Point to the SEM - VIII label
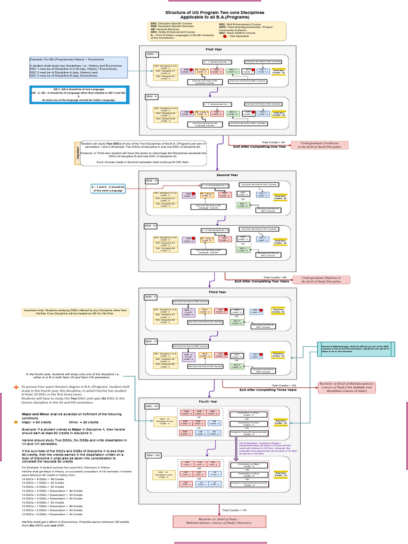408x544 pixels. [152, 456]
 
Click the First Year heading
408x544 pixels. [214, 49]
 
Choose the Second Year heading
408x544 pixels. [227, 174]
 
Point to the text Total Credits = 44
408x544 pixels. [273, 142]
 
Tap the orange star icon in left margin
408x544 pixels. [16, 387]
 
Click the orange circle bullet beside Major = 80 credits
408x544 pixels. [16, 421]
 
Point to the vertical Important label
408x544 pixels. [76, 154]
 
